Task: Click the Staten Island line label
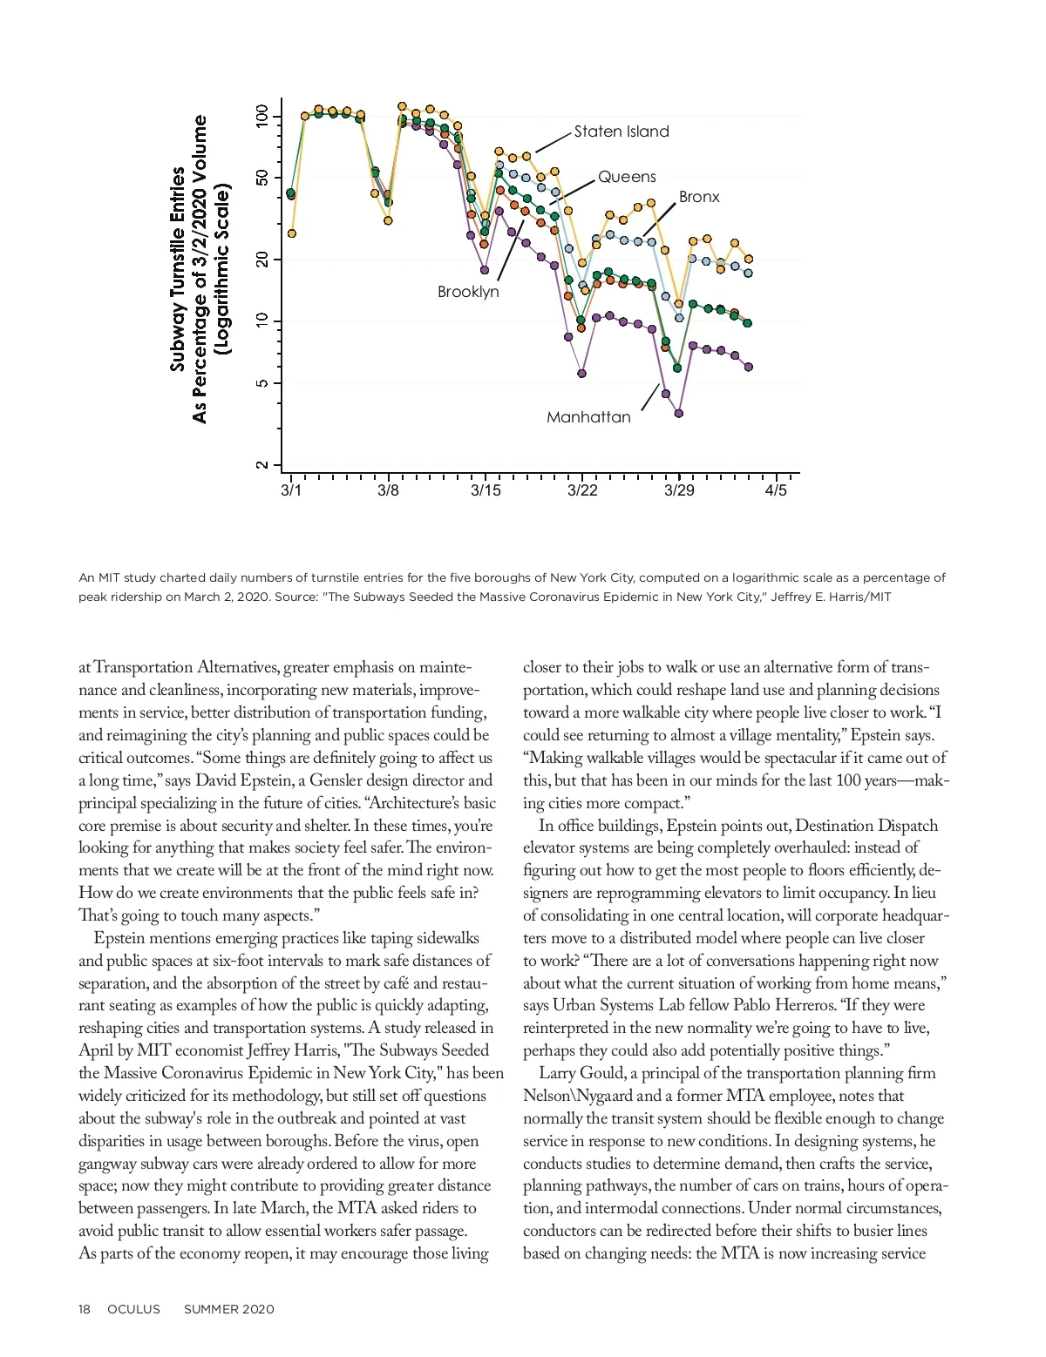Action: coord(621,132)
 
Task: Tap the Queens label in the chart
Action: coord(626,177)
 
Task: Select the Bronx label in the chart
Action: coord(699,197)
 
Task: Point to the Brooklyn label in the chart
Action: coord(468,292)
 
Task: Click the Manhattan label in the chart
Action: coord(588,417)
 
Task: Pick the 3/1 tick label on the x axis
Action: coord(291,491)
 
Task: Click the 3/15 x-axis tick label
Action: coord(486,491)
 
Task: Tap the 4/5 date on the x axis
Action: coord(776,491)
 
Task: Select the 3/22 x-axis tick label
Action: coord(582,491)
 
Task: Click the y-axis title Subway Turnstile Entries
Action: coord(179,269)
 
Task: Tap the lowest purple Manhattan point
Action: coord(679,413)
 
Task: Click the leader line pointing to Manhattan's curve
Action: coord(650,396)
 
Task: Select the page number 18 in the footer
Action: coord(85,1309)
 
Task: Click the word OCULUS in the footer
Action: coord(133,1309)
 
